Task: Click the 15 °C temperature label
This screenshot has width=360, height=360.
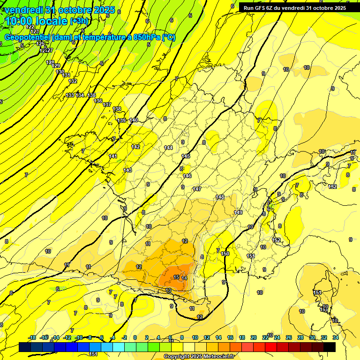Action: tap(176, 277)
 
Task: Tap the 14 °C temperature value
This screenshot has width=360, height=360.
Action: tap(185, 278)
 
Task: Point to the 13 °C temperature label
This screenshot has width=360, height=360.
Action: tap(169, 291)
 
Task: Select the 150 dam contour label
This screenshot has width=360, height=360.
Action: tap(225, 254)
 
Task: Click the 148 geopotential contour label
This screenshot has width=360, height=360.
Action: tap(220, 197)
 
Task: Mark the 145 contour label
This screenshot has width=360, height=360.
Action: tap(186, 156)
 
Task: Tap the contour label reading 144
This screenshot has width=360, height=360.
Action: tap(169, 148)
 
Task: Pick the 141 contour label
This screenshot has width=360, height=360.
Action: tap(113, 156)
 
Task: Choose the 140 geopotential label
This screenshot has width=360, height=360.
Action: tap(134, 120)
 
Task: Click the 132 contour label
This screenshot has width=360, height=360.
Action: tap(73, 81)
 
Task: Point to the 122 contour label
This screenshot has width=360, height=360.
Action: tap(31, 27)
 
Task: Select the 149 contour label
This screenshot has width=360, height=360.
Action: tap(238, 212)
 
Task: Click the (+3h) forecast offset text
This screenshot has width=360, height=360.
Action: tap(78, 21)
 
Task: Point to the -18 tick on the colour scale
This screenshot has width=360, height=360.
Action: tap(32, 337)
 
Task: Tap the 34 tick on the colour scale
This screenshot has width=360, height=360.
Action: tap(335, 337)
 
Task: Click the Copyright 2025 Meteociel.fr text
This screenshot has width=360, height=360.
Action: tap(199, 357)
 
